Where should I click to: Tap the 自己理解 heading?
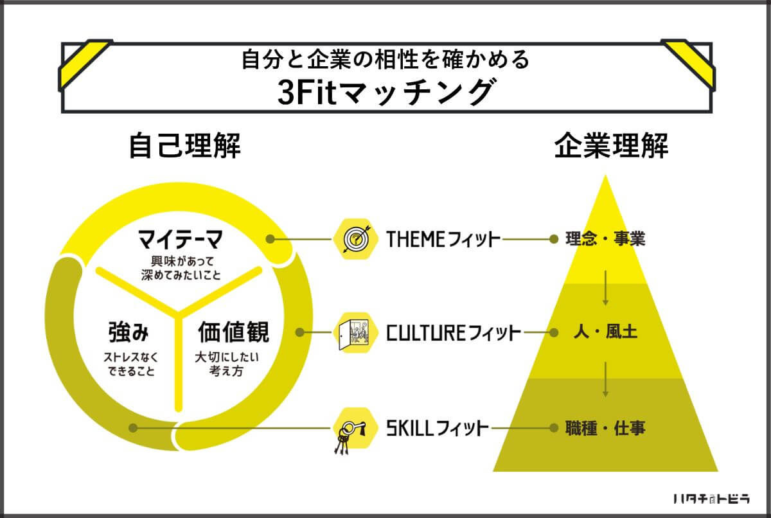[x=185, y=146]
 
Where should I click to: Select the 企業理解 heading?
[x=611, y=146]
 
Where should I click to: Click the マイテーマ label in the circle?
[x=180, y=239]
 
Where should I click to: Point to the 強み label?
[x=128, y=332]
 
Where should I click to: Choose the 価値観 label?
[x=234, y=332]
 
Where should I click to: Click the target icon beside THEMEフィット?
[x=355, y=239]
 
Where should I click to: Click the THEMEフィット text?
[x=443, y=239]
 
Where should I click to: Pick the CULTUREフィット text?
[x=454, y=333]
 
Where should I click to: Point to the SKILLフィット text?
[x=437, y=429]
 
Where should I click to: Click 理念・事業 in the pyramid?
[x=605, y=239]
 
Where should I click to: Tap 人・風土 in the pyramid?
[x=605, y=332]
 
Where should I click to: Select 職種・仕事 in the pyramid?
[x=605, y=428]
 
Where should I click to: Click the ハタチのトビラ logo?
[x=711, y=499]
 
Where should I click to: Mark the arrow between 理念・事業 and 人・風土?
[x=605, y=288]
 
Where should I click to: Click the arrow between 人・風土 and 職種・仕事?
[x=605, y=379]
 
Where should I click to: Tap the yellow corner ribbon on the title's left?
[x=85, y=64]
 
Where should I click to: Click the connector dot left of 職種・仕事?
[x=554, y=428]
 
